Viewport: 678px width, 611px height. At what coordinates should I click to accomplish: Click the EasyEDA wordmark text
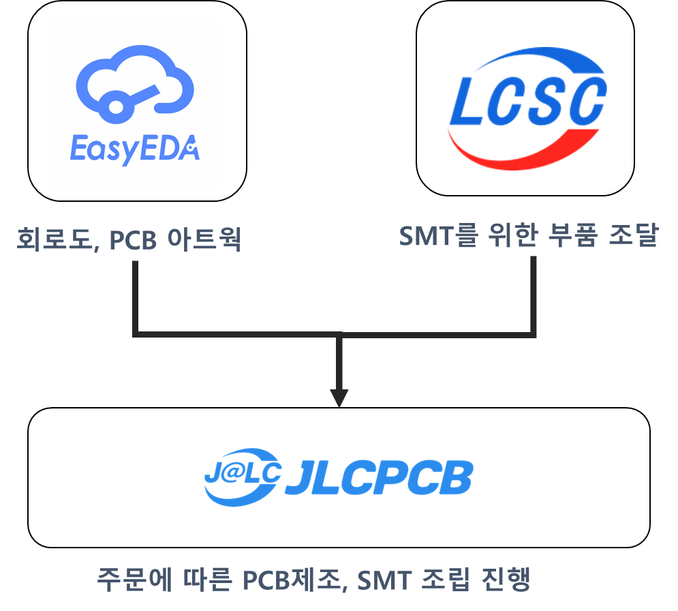[135, 148]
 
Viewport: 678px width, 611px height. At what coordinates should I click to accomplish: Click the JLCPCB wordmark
[379, 479]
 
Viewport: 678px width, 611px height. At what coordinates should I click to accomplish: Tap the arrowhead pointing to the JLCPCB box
[339, 398]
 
